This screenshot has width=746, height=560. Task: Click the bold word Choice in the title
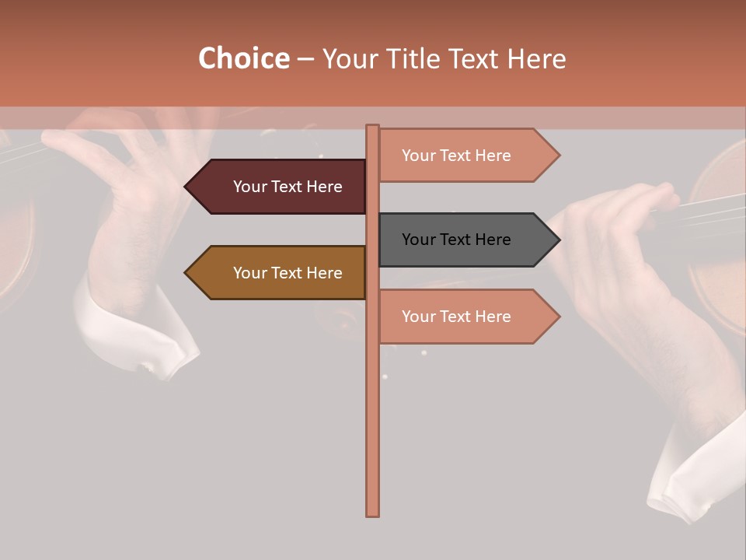[243, 59]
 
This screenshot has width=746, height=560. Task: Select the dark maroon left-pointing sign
[280, 187]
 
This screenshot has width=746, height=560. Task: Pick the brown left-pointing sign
[280, 273]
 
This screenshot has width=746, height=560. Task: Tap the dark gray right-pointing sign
[462, 240]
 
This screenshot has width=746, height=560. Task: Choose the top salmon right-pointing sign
[462, 156]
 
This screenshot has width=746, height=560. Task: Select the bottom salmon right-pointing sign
[462, 317]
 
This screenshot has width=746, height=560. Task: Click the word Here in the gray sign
[492, 240]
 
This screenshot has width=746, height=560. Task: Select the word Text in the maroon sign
[288, 187]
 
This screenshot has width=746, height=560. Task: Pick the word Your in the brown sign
[249, 273]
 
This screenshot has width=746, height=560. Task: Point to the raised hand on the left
[132, 194]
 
